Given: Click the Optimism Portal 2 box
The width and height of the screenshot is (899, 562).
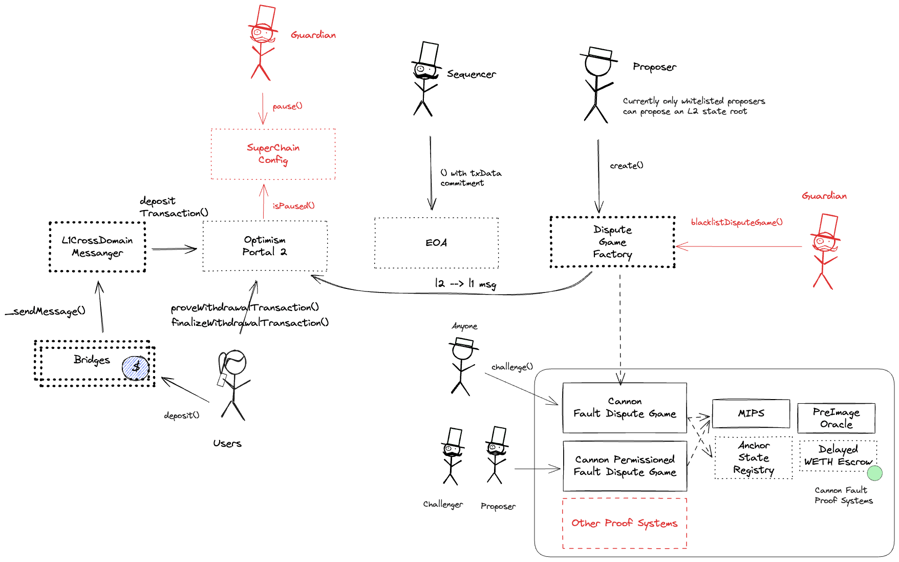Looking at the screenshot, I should click(x=265, y=246).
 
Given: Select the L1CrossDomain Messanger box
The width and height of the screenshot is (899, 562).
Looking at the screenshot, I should click(x=97, y=246).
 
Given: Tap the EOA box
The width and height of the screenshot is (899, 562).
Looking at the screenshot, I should click(x=436, y=243).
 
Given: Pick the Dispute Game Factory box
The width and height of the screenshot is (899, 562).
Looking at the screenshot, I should click(x=612, y=242).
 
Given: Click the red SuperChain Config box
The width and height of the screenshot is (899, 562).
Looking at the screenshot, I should click(x=273, y=154).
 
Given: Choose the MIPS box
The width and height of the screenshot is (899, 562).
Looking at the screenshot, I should click(x=751, y=413).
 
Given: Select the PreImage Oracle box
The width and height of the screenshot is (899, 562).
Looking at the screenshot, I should click(x=836, y=418).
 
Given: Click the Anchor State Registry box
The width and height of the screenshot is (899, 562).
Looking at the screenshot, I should click(x=754, y=458).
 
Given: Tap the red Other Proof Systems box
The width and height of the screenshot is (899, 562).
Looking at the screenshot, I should click(x=624, y=523).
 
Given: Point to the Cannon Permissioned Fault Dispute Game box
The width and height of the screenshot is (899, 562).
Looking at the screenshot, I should click(x=625, y=466).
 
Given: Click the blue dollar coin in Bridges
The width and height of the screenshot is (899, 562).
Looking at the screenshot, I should click(x=135, y=367).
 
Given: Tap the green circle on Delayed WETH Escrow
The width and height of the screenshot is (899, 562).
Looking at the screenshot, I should click(x=874, y=473).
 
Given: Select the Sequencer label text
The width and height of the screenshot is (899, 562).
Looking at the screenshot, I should click(x=471, y=74).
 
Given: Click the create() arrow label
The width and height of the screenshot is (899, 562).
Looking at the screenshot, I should click(x=627, y=165).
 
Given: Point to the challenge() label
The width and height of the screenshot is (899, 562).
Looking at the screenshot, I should click(x=512, y=367).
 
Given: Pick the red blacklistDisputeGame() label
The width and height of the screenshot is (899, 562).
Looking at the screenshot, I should click(x=736, y=222).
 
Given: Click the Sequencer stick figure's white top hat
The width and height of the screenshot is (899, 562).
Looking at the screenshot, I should click(x=429, y=54).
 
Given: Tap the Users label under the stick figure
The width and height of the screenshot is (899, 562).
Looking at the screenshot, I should click(x=227, y=443).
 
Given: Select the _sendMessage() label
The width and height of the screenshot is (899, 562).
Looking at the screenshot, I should click(x=45, y=311).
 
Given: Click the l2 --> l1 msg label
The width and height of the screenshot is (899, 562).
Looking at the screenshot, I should click(x=465, y=283).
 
